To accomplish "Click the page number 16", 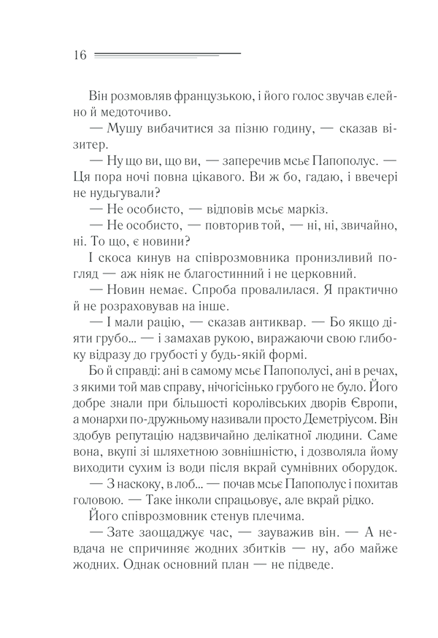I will tap(80, 55).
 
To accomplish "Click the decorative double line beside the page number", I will tap(167, 55).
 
